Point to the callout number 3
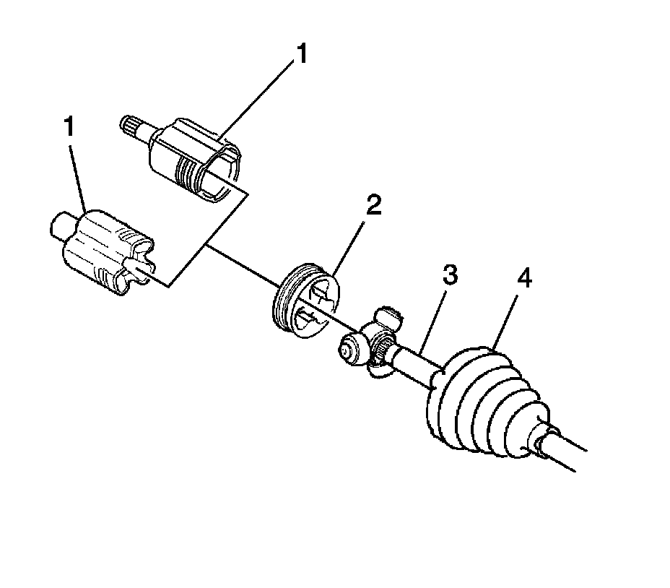tap(450, 275)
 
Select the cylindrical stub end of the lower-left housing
tap(59, 225)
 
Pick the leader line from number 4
tap(508, 314)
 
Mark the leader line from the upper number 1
tap(260, 98)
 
